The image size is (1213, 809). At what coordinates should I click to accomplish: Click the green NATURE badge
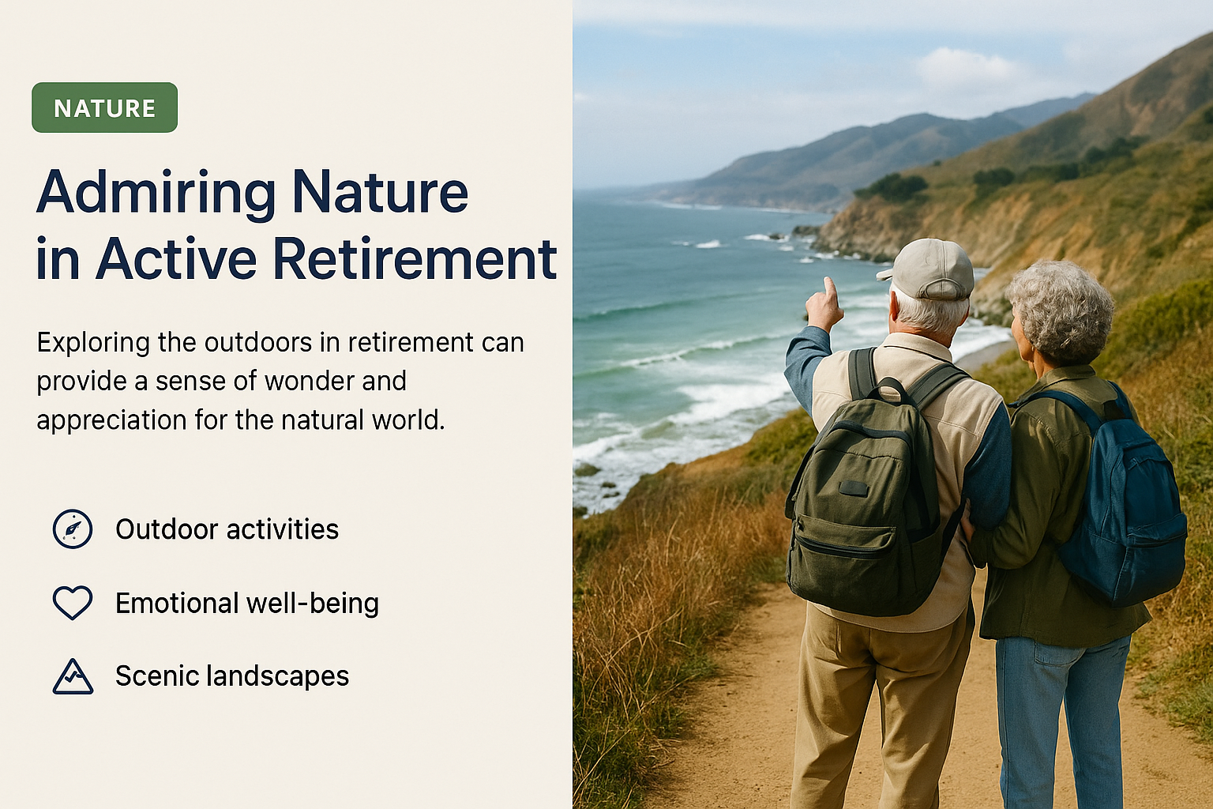tap(104, 107)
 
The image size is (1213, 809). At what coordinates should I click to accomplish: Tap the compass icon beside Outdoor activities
tap(73, 529)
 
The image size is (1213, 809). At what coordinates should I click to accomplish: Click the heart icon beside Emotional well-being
tap(73, 602)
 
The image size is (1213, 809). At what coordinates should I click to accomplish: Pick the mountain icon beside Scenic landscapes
tap(73, 676)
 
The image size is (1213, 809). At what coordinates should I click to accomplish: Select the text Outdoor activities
tap(227, 529)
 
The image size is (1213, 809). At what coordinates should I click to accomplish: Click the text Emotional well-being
tap(247, 603)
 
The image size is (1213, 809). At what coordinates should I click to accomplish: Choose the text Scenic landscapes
tap(232, 676)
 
